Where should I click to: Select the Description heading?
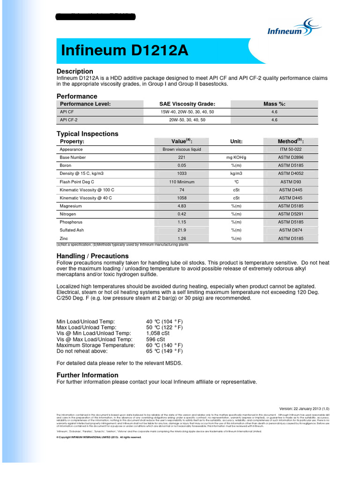(x=75, y=71)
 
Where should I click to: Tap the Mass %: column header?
(x=274, y=104)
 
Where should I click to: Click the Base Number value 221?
(x=181, y=157)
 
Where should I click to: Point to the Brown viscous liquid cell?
(x=181, y=150)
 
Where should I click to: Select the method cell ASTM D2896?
(x=291, y=157)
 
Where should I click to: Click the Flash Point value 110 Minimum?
(x=181, y=182)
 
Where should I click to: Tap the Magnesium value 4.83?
(x=181, y=206)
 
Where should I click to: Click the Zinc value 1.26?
(x=181, y=239)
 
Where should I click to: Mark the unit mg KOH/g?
(x=236, y=157)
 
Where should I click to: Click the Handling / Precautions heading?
(x=92, y=256)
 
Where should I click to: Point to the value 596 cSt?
(x=156, y=339)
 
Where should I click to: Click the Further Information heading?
(x=87, y=375)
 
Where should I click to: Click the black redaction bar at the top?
(x=96, y=17)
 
